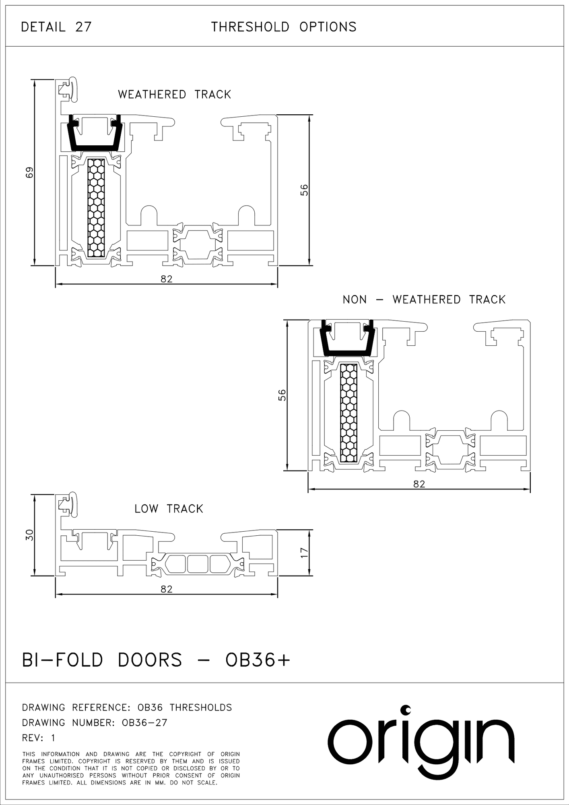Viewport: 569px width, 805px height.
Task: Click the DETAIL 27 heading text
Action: [x=56, y=27]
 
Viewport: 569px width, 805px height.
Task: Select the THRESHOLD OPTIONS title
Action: [x=284, y=27]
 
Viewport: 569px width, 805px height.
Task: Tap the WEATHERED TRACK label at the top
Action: [x=174, y=95]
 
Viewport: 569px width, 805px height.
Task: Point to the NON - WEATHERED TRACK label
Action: [x=424, y=299]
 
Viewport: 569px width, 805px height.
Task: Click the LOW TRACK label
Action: [x=169, y=509]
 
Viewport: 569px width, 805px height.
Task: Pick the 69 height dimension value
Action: [x=29, y=172]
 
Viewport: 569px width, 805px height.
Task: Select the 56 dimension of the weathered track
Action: [x=304, y=190]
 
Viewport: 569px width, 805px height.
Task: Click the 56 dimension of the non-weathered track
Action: [x=282, y=395]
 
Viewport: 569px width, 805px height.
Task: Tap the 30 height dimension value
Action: [x=29, y=535]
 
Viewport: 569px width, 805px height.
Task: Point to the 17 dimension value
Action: [x=304, y=552]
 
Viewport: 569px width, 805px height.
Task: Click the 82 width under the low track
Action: [x=166, y=589]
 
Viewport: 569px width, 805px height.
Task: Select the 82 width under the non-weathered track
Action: [x=419, y=484]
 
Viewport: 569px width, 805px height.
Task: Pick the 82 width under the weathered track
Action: [x=166, y=279]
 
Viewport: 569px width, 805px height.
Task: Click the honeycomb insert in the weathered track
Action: [x=96, y=208]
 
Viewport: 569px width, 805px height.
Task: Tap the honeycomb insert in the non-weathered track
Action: [x=348, y=413]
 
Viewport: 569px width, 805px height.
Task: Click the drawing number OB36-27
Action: [x=95, y=722]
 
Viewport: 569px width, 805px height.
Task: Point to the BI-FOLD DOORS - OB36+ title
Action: [x=156, y=661]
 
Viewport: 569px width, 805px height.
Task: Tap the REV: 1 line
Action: [x=39, y=738]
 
